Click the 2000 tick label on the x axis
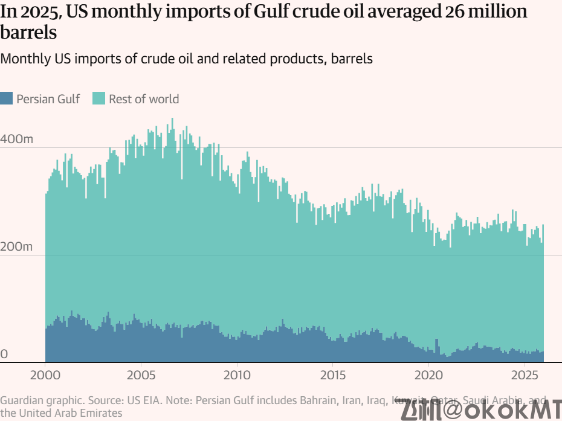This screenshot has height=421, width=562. [x=45, y=376]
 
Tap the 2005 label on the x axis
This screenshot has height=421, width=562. [x=141, y=376]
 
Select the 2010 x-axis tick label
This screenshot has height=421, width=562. [x=237, y=376]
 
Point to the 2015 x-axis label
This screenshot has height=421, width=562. [x=332, y=376]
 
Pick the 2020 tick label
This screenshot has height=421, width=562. [x=428, y=376]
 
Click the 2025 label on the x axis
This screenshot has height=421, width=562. [x=524, y=376]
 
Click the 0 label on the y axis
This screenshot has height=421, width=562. [x=4, y=354]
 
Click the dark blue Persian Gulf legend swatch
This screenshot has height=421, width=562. [x=6, y=98]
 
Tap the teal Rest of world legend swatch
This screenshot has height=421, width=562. [x=99, y=98]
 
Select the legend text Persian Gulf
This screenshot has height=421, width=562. [x=48, y=99]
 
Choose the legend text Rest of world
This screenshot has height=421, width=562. [x=144, y=99]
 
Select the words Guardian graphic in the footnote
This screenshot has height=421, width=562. [x=42, y=400]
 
